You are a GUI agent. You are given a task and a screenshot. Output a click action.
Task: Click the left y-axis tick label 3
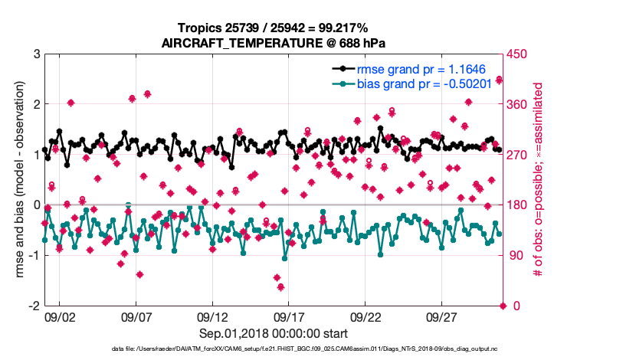[x=36, y=54]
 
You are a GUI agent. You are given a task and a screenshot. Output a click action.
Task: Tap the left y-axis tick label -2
[x=34, y=306]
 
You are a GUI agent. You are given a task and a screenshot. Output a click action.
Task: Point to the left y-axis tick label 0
[x=36, y=205]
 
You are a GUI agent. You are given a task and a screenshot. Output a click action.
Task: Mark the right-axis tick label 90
[x=515, y=255]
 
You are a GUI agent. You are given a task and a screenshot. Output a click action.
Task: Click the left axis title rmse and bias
[x=19, y=180]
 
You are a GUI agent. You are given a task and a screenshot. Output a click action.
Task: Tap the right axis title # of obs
[x=537, y=180]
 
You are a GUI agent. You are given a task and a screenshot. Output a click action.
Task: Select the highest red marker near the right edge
[x=499, y=79]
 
